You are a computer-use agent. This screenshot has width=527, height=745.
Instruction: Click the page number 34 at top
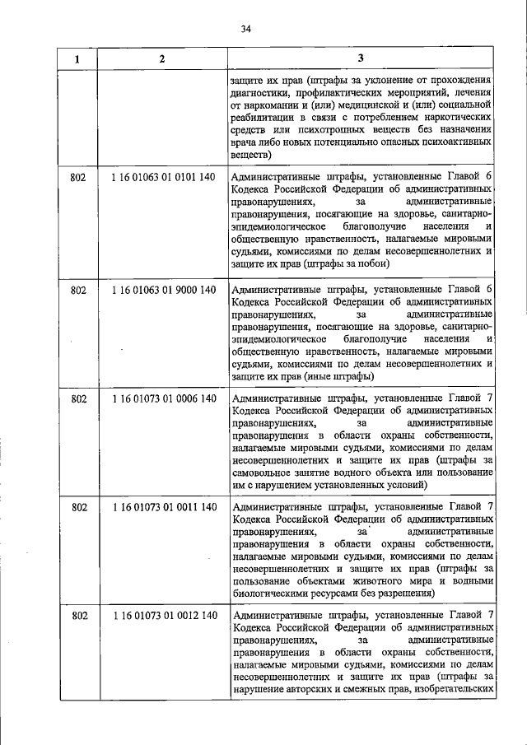246,30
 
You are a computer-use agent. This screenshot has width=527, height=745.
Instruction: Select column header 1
78,58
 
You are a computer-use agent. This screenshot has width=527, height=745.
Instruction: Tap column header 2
162,58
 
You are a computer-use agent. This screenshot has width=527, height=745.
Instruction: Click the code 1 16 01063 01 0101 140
163,177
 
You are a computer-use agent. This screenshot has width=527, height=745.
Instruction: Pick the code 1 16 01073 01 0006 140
163,398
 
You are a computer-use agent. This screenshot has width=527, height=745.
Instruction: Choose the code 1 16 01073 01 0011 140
163,507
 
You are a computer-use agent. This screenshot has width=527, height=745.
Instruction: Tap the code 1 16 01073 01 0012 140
163,615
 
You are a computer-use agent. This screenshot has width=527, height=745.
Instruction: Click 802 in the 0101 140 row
79,177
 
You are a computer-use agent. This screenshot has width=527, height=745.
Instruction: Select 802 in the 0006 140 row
79,398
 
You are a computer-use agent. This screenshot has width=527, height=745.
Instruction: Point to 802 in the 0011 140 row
79,507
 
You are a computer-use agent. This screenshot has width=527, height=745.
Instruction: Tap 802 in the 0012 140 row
79,615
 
